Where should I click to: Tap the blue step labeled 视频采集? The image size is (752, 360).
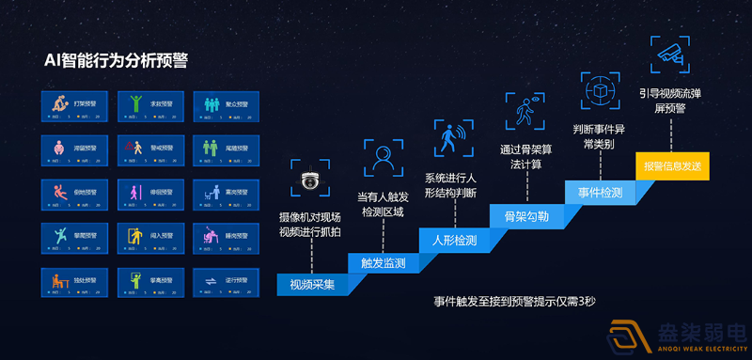point(312,283)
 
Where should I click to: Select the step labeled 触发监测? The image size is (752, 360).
point(383,262)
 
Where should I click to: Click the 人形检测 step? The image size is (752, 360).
point(453,240)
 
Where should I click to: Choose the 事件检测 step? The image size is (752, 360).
point(599,191)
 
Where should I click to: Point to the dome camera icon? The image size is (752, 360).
point(310,179)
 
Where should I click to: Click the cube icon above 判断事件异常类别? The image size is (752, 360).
point(597,90)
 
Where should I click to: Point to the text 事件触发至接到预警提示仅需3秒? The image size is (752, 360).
point(515,303)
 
